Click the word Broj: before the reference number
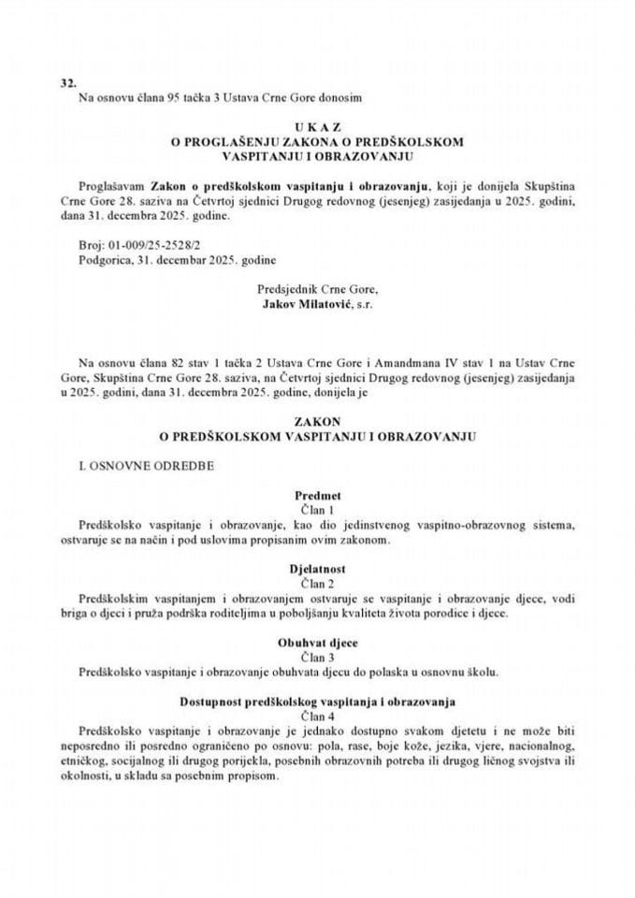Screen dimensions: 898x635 pyautogui.click(x=94, y=243)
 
